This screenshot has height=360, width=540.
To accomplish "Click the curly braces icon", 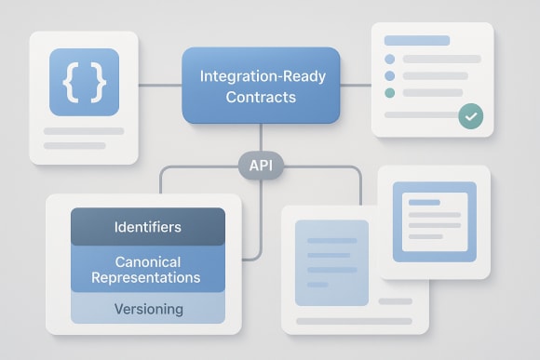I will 83,83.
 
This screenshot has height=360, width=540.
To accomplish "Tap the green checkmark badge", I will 471,117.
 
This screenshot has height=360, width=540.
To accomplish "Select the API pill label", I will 261,167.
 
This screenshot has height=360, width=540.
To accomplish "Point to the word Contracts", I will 262,97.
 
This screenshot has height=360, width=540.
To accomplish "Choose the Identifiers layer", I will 147,227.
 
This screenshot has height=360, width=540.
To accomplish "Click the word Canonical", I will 147,261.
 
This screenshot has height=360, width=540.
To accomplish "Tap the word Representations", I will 147,277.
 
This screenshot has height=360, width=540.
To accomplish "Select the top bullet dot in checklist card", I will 389,59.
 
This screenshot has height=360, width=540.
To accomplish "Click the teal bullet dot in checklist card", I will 389,93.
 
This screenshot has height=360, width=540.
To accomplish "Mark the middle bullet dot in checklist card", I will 389,75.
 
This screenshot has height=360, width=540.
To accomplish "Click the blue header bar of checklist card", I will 416,41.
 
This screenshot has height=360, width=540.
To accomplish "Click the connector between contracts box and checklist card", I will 356,86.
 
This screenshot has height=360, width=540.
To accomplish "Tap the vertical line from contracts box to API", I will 262,138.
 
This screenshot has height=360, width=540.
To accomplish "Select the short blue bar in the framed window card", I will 424,202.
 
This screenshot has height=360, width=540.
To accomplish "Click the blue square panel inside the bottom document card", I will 331,262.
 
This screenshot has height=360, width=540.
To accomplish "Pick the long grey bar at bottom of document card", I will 353,321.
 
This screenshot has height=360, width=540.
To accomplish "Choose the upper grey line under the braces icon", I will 84,131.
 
